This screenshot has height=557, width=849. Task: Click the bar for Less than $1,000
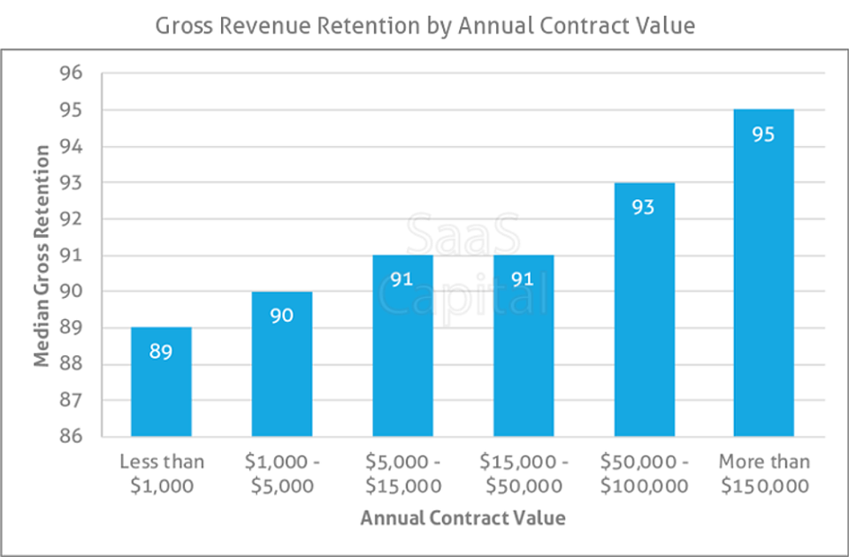(x=161, y=382)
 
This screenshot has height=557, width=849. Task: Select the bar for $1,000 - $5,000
(x=281, y=364)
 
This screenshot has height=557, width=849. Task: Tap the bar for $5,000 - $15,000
(x=402, y=346)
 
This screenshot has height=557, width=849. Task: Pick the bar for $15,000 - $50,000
(x=524, y=346)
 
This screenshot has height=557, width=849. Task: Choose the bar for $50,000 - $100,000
(x=644, y=309)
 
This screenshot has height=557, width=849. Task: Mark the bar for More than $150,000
(x=764, y=273)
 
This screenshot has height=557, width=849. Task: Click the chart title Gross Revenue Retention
(x=424, y=26)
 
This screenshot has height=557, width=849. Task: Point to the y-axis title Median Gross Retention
(x=42, y=256)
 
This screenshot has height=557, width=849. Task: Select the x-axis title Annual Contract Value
(x=463, y=518)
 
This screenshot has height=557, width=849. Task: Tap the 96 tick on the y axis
(x=71, y=73)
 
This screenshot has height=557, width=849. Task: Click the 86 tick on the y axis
(x=71, y=437)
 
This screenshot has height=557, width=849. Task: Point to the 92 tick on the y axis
(x=71, y=219)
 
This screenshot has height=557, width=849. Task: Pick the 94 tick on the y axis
(x=71, y=147)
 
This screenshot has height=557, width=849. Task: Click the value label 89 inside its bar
(x=161, y=352)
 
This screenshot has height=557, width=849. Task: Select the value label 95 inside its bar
(x=764, y=135)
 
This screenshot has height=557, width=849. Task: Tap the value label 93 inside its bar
(x=644, y=208)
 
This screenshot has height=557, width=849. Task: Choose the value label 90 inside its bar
(x=281, y=316)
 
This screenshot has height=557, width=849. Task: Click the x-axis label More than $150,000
(x=764, y=473)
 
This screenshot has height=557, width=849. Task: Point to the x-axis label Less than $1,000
(x=161, y=473)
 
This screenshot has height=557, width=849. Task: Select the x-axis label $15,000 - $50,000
(x=524, y=473)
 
